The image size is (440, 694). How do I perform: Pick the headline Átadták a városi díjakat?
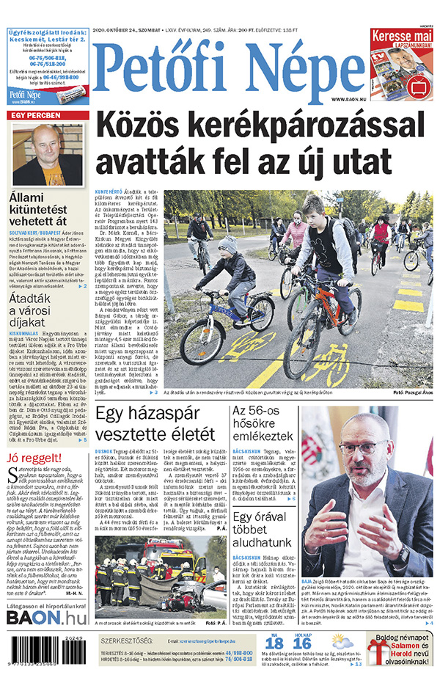[30, 310]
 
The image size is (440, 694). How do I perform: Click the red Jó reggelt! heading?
[30, 439]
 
